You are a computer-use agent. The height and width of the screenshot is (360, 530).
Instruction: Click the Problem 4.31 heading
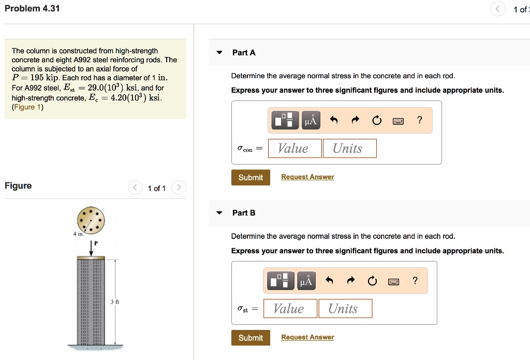(32, 9)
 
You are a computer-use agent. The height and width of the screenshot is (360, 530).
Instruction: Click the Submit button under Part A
(251, 178)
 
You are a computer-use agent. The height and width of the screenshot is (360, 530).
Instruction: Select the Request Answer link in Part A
(307, 177)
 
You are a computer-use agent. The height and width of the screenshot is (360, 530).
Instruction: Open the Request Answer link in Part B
(307, 338)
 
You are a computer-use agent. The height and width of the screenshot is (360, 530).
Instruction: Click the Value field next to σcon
(293, 149)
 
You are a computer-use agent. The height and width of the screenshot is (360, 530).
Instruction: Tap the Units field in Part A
(349, 149)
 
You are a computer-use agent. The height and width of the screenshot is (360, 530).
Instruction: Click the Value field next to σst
(289, 309)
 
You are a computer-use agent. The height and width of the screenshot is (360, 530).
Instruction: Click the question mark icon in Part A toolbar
(419, 121)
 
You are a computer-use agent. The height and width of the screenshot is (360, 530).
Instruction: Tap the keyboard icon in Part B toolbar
(394, 282)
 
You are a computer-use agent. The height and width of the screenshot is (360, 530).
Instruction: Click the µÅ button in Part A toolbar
(310, 121)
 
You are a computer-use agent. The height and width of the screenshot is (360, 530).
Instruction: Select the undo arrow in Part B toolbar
(329, 282)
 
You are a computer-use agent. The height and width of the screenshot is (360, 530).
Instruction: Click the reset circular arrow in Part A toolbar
(376, 121)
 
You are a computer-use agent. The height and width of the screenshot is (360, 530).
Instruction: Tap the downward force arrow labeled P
(91, 248)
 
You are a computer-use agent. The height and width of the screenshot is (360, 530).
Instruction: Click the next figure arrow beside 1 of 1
(178, 188)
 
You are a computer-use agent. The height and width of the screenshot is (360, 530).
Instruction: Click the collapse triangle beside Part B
(219, 213)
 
